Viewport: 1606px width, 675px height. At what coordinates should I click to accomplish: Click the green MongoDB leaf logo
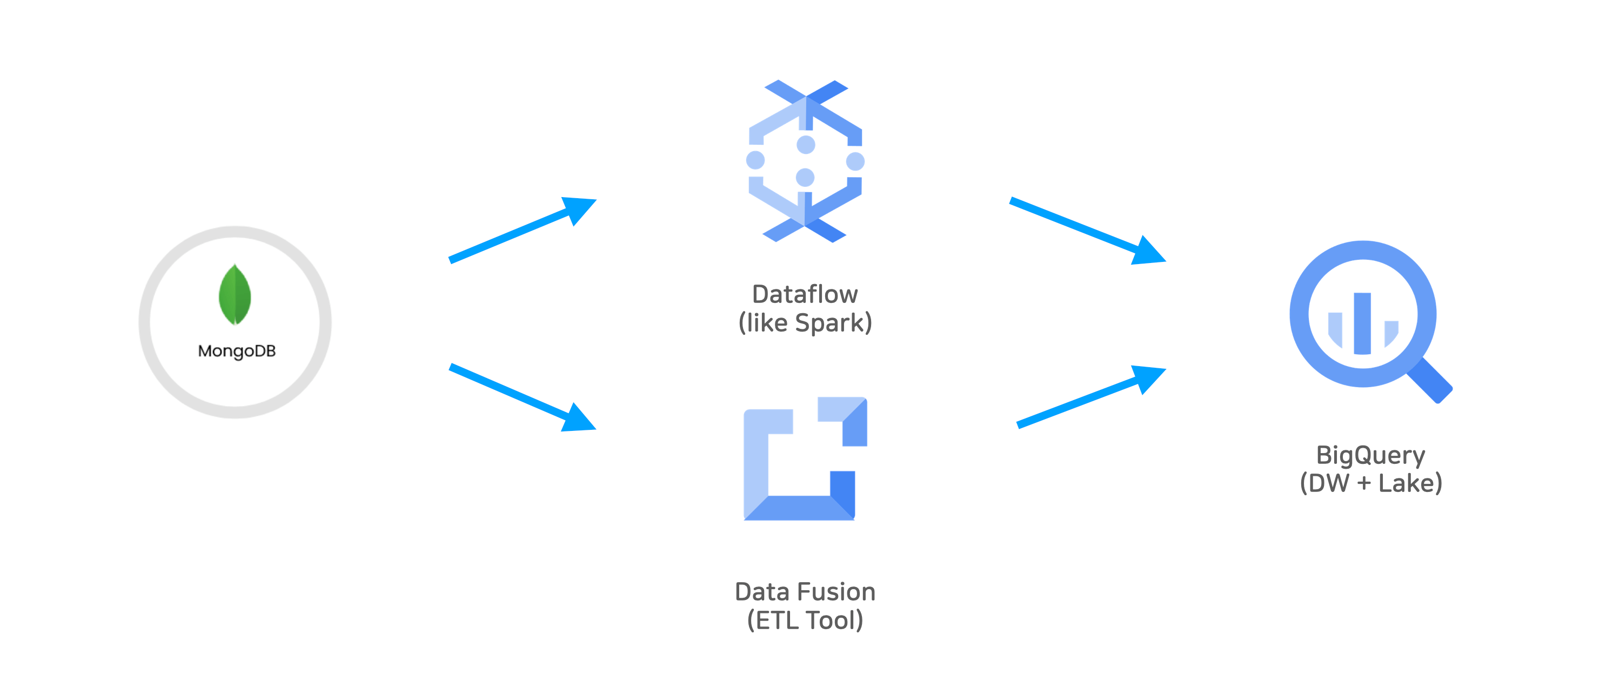click(235, 294)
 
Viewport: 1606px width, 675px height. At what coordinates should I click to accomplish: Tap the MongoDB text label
click(237, 351)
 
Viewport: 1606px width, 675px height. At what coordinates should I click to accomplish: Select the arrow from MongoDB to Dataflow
click(523, 230)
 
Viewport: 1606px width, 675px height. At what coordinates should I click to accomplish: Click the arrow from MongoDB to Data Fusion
click(523, 397)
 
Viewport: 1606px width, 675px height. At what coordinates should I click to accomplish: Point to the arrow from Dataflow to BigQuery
click(1087, 231)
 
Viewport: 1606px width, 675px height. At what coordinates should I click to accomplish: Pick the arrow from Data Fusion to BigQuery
click(1091, 396)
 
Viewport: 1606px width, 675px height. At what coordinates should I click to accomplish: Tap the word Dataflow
click(805, 294)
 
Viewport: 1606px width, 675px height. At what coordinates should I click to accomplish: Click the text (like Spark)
click(805, 323)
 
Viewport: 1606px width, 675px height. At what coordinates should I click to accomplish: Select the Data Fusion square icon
click(805, 458)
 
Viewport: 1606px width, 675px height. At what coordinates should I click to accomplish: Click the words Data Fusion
click(805, 591)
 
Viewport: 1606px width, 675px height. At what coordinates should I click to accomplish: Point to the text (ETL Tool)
click(805, 620)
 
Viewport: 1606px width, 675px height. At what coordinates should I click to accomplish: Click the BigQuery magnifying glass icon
click(1370, 321)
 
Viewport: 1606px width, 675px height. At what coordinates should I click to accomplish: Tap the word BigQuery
click(1370, 456)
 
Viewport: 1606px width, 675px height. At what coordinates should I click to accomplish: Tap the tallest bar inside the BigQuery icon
click(1362, 323)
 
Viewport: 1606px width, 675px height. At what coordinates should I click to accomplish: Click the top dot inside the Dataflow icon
click(806, 145)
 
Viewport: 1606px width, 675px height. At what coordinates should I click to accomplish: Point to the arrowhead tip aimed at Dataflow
click(597, 200)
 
